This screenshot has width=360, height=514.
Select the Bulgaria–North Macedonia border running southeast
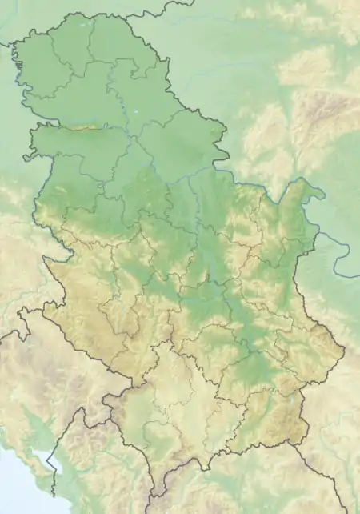320,472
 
